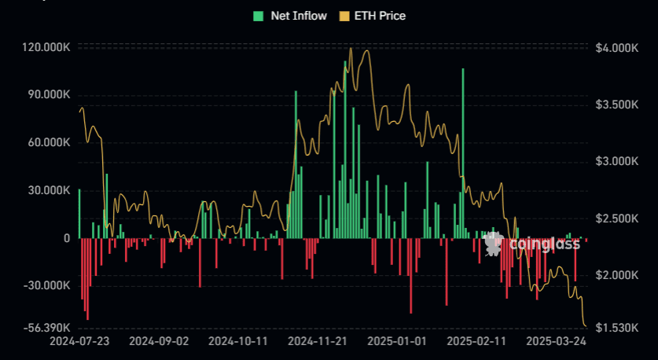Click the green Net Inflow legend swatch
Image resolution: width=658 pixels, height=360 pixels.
tap(258, 16)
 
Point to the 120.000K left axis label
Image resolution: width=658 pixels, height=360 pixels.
tap(46, 48)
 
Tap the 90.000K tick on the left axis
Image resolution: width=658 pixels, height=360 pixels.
tap(49, 95)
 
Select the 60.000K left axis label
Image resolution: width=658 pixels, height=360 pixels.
tap(49, 143)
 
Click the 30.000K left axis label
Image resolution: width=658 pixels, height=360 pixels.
tap(49, 190)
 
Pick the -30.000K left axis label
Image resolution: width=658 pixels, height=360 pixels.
tap(47, 285)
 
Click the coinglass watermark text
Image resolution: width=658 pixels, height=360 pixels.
tap(544, 244)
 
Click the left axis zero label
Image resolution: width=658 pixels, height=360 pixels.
tap(67, 238)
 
